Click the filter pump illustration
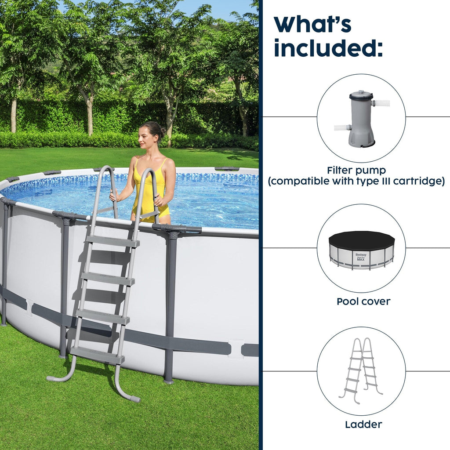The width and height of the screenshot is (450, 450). point(361,119)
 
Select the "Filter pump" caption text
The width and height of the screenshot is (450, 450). point(356,170)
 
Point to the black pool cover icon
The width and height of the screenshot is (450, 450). point(361,240)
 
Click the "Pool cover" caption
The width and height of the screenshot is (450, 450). point(363,301)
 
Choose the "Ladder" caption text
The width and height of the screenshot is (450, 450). point(363,425)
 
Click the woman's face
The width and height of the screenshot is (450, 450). point(146,137)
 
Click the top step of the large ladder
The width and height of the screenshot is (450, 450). point(112,241)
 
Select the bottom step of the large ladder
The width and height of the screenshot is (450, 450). point(97,355)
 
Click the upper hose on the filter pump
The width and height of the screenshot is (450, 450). point(381,103)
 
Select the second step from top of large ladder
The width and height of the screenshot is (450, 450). point(108,278)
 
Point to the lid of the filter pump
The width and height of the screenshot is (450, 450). point(361,94)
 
